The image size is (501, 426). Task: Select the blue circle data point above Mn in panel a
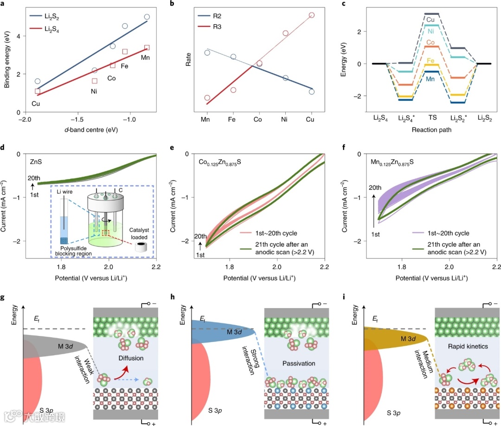click(147, 17)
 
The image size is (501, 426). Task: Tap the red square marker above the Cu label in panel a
click(38, 91)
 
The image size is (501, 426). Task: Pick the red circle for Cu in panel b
click(311, 15)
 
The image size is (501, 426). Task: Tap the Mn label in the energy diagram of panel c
click(431, 79)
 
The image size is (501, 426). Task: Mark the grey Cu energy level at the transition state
click(432, 14)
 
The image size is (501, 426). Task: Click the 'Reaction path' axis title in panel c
click(432, 130)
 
